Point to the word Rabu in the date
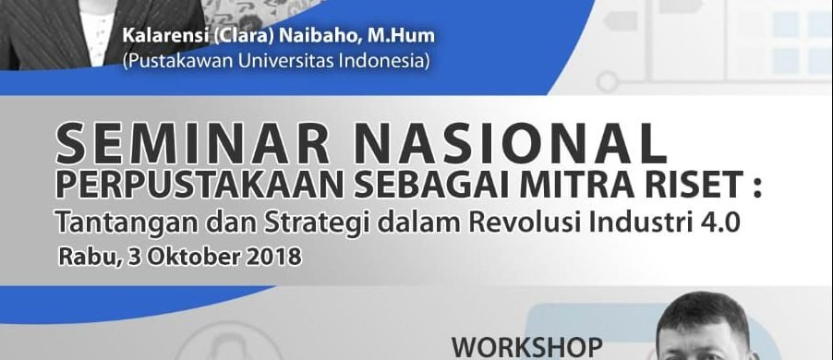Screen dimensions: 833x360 [x=87, y=257]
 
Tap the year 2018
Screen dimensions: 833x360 [x=273, y=257]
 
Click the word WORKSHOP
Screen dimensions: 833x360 [x=527, y=348]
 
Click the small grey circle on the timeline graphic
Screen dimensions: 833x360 [x=608, y=82]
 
